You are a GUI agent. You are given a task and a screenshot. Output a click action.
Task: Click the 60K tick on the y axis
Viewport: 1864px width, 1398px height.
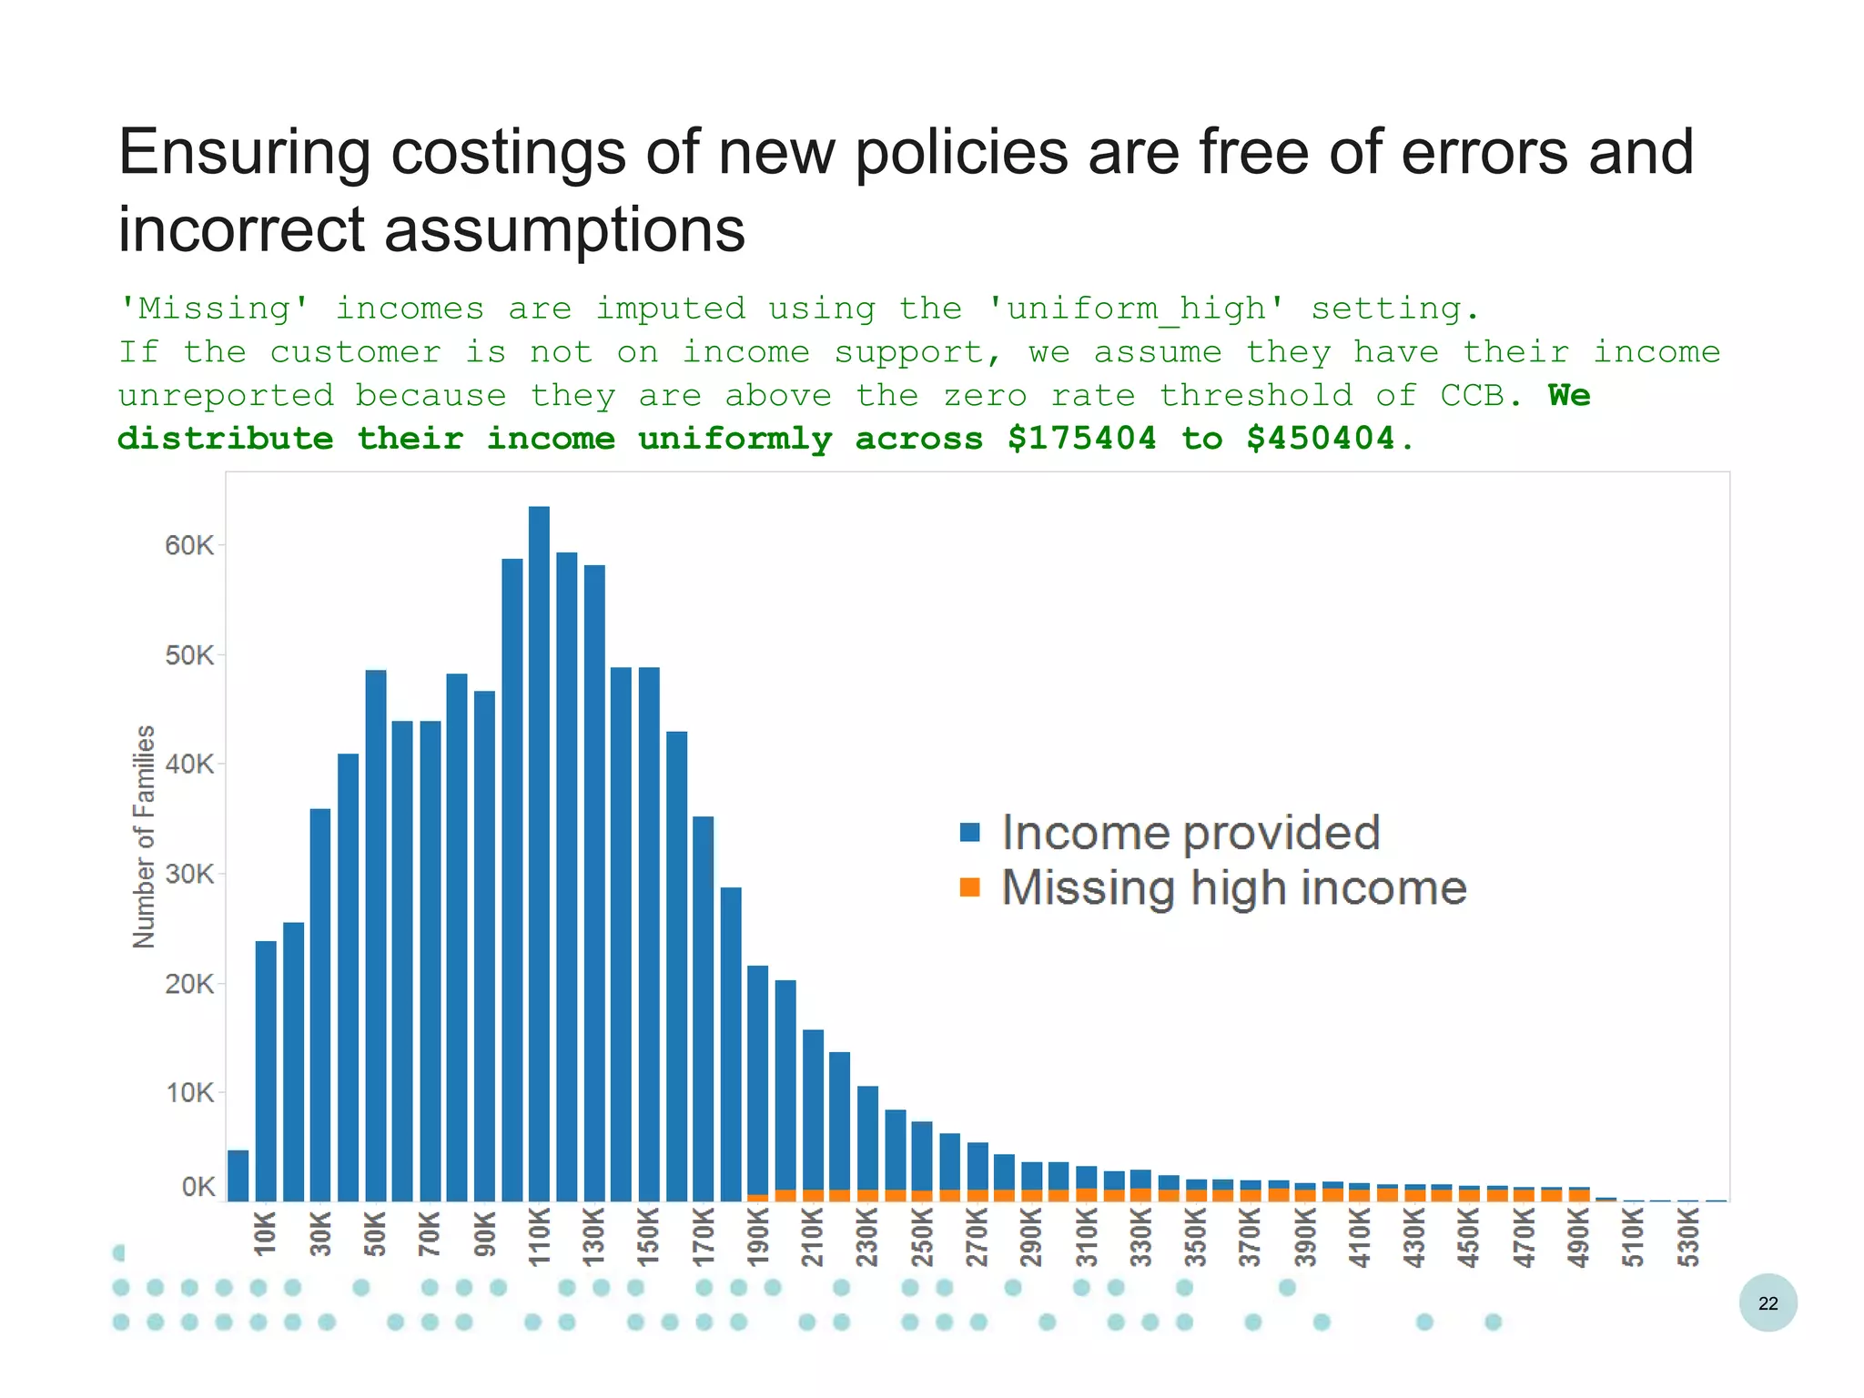point(189,546)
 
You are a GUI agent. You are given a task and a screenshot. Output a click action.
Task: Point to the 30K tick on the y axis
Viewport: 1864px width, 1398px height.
point(189,875)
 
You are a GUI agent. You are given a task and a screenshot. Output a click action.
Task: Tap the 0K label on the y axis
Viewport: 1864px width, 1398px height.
point(198,1187)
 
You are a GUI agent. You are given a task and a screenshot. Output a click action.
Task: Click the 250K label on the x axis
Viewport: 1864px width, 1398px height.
point(923,1238)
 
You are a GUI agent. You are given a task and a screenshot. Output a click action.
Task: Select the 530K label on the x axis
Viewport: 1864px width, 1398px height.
point(1688,1238)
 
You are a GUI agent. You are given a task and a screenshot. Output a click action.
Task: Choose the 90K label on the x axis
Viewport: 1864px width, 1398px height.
point(485,1233)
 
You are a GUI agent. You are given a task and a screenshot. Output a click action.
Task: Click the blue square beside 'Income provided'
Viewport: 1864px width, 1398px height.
point(970,832)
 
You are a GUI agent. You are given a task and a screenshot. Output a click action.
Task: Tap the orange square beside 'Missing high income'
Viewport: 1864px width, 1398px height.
point(970,887)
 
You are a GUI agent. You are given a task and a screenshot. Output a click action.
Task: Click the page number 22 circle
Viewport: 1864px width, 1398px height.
point(1768,1302)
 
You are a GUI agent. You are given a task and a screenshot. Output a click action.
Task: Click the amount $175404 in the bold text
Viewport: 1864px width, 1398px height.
point(1082,439)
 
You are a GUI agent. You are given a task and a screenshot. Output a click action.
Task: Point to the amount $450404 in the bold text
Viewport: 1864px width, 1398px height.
point(1321,439)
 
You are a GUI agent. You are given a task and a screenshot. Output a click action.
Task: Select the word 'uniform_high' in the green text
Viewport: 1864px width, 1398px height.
point(1136,309)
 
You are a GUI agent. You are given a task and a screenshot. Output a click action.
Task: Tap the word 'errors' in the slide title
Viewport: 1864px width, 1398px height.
point(1477,152)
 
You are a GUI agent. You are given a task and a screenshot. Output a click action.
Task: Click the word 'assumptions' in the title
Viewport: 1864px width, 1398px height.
point(564,229)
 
